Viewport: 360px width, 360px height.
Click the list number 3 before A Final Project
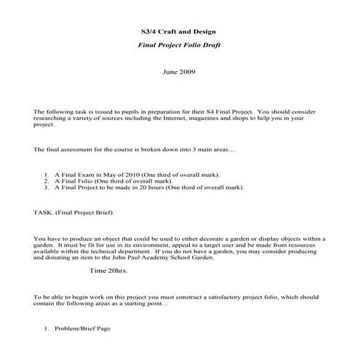[46, 187]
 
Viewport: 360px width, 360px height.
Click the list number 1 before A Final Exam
[46, 175]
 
